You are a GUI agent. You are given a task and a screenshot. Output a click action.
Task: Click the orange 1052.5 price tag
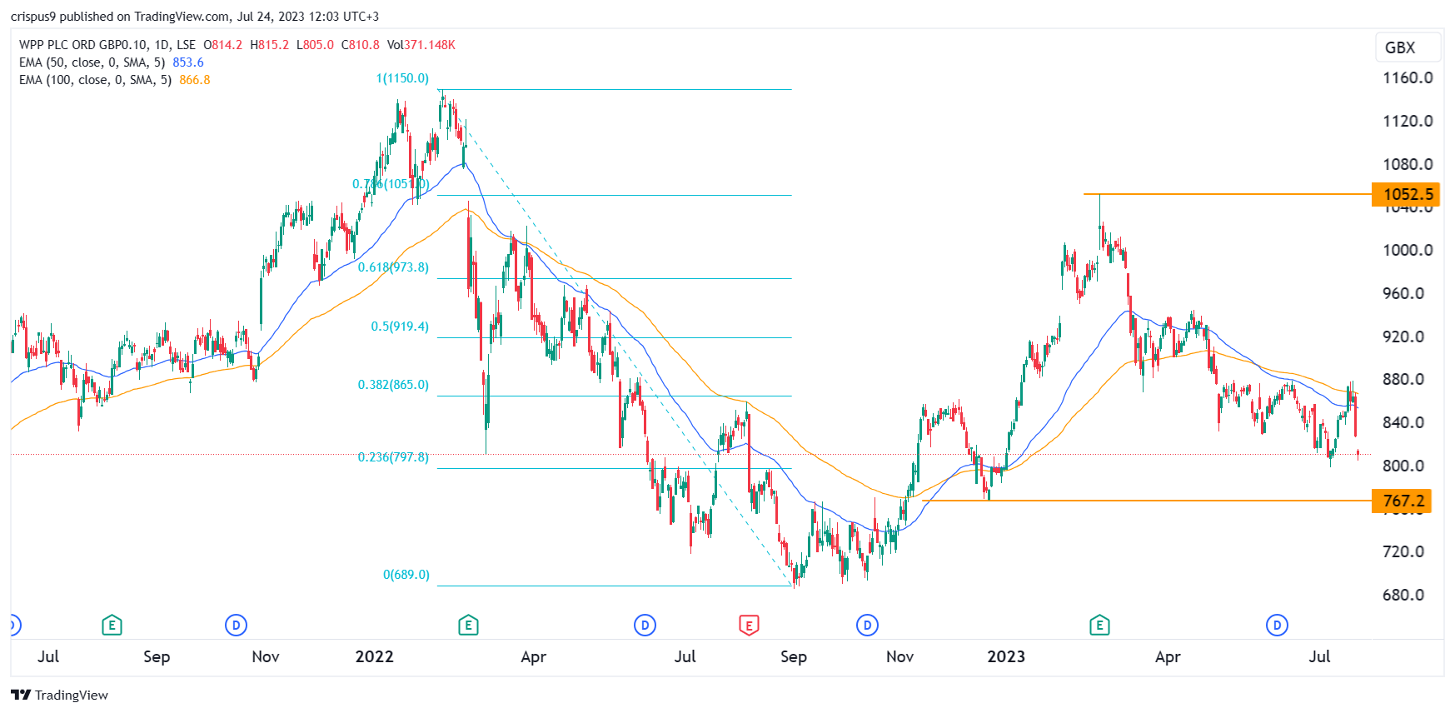1407,195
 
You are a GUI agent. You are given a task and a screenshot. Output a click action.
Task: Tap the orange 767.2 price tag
1402,501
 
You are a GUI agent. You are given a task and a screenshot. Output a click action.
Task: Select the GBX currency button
1400,47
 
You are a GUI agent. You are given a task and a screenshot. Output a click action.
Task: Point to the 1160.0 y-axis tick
1408,78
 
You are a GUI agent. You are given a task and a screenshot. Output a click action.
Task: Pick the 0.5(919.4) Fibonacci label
400,327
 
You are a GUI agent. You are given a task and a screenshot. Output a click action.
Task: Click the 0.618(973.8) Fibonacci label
393,267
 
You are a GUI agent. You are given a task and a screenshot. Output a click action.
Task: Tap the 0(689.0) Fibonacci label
406,575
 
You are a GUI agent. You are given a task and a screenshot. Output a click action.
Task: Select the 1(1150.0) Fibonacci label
402,78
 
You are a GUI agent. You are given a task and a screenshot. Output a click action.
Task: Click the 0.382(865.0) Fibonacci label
393,385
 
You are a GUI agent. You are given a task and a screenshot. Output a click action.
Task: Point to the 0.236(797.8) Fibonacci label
393,457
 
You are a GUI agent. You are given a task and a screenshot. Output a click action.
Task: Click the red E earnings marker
749,626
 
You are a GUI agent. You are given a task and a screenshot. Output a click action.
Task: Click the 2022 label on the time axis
374,656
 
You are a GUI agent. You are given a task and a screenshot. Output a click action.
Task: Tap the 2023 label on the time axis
1005,656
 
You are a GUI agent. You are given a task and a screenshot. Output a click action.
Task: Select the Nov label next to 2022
266,656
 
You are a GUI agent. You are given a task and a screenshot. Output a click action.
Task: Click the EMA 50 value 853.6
188,62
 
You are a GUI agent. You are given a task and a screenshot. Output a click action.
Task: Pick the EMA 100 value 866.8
195,80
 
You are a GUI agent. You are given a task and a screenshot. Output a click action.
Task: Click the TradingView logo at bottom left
60,695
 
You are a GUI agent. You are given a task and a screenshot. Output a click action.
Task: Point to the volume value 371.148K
430,45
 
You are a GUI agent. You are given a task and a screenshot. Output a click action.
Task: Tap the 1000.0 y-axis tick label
1408,250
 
